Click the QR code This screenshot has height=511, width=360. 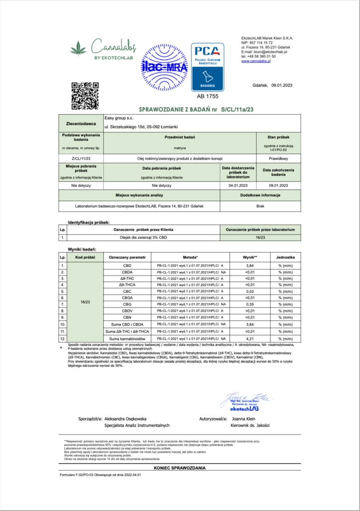(85, 95)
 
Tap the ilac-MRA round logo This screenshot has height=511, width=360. (164, 66)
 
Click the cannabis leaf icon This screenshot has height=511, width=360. (78, 48)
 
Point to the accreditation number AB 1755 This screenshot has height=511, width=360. (207, 96)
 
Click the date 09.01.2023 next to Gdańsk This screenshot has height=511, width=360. (282, 85)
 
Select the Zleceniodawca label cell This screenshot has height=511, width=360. (81, 122)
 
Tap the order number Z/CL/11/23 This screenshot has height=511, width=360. (81, 158)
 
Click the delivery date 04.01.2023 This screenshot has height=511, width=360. (238, 185)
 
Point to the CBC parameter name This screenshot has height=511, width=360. (127, 291)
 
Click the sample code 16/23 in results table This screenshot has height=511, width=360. (85, 301)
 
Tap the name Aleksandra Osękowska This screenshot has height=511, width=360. (125, 418)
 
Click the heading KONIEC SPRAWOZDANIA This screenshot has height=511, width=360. (180, 468)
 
